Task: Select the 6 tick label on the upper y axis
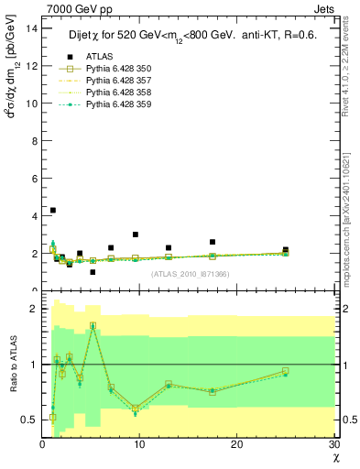pos(34,179)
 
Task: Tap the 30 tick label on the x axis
pos(333,444)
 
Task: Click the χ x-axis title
pos(335,457)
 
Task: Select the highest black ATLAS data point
pos(52,210)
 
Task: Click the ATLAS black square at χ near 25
pos(286,249)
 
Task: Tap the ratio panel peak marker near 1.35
pos(93,326)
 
